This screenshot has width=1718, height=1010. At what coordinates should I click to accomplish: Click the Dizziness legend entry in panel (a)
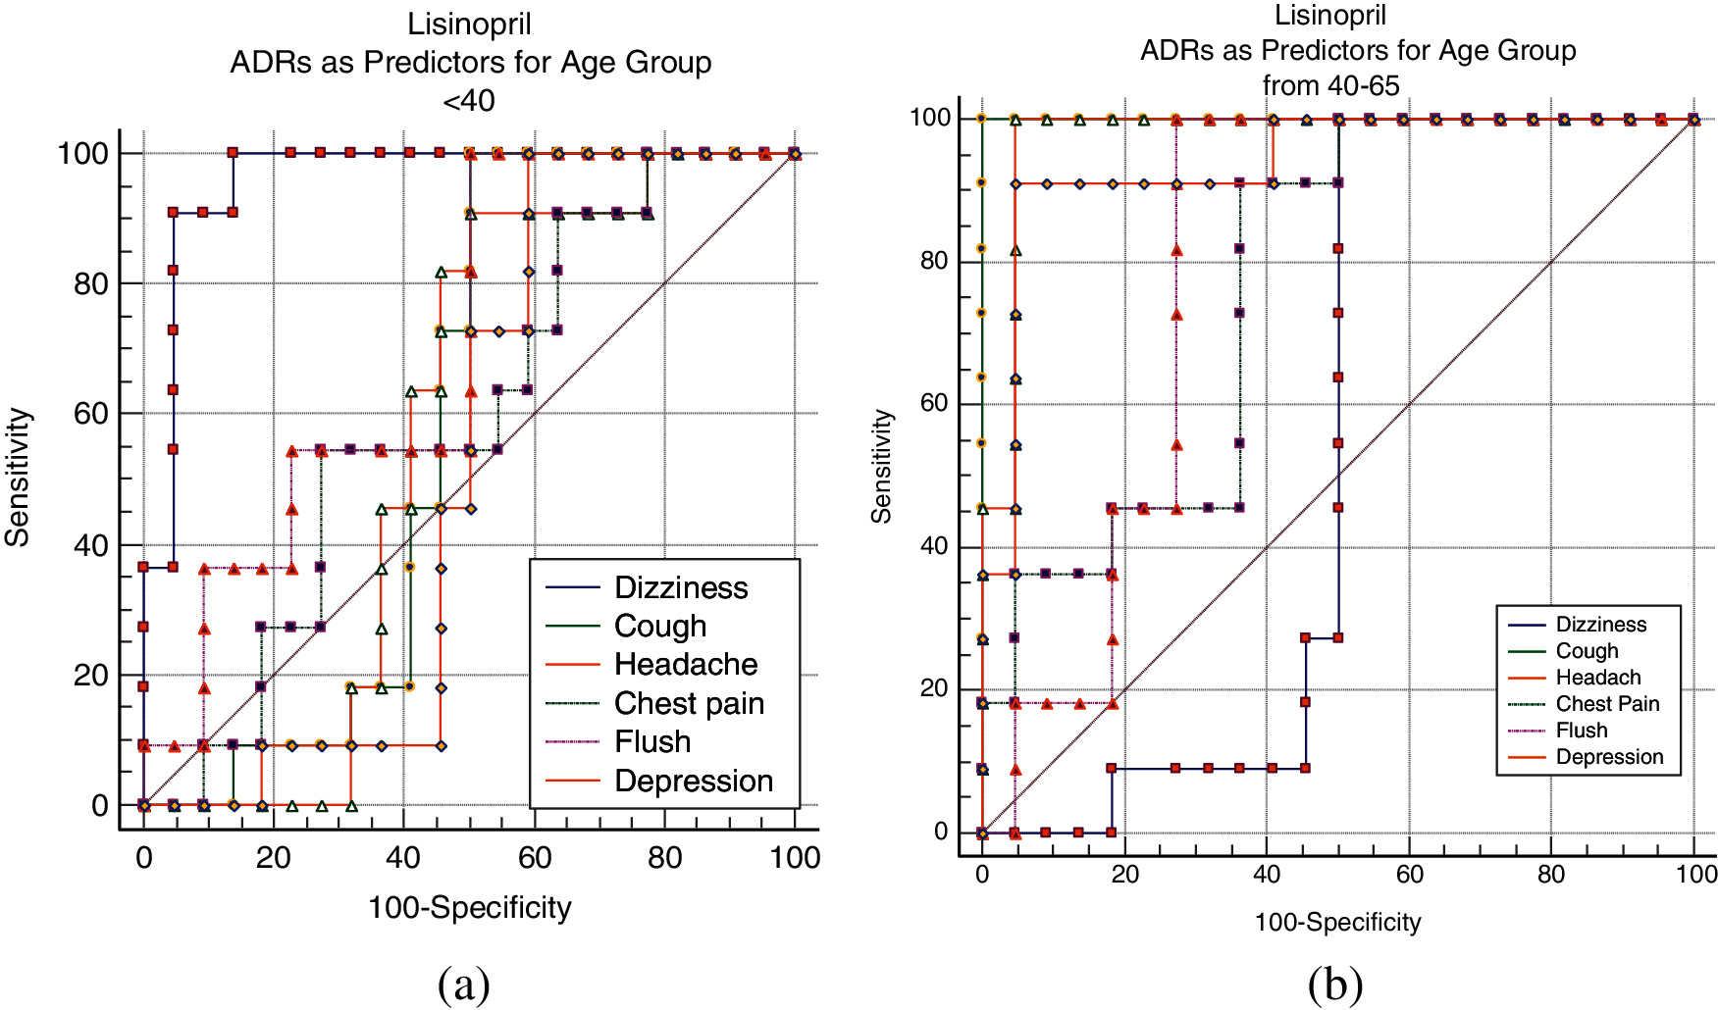pos(680,587)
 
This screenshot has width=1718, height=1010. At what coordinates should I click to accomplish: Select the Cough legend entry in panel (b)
pos(1587,651)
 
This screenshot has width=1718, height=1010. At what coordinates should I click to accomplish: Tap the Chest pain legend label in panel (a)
pos(689,703)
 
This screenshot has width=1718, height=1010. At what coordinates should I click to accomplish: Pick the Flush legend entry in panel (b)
pos(1581,731)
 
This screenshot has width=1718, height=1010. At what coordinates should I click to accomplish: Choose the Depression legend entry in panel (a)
pos(693,781)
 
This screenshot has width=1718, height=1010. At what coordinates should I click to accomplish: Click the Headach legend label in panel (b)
pos(1597,678)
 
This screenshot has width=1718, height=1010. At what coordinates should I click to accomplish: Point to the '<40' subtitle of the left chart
pos(469,101)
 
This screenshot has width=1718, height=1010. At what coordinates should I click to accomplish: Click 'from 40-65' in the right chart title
pos(1330,86)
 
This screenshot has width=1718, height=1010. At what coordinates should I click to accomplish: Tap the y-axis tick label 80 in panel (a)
pos(91,284)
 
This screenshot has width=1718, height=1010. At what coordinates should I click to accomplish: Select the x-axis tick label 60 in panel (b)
pos(1409,874)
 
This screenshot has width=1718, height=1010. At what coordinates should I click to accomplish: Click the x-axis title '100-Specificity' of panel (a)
pos(469,908)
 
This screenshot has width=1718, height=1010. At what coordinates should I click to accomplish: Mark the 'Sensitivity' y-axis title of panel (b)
pos(882,466)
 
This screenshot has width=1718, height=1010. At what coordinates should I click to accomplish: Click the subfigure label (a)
pos(463,985)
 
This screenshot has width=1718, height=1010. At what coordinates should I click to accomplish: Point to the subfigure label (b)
pos(1334,985)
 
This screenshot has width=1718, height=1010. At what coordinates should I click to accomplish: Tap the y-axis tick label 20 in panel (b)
pos(934,688)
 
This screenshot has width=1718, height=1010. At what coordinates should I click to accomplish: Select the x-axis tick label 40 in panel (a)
pos(403,858)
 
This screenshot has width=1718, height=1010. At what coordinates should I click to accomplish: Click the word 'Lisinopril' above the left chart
pos(469,24)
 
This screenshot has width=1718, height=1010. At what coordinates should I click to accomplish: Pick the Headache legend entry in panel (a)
pos(685,665)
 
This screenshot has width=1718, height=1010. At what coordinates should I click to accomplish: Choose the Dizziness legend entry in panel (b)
pos(1600,625)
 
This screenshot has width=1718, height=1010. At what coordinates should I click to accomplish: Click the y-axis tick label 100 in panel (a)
pos(83,153)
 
